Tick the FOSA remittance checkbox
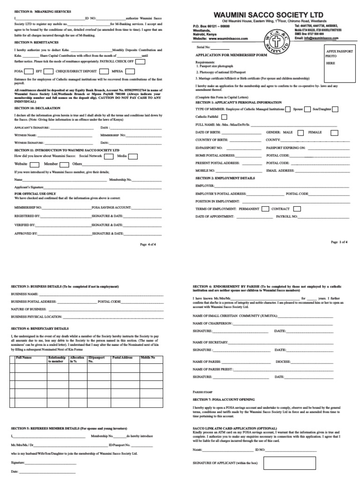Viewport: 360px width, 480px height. (29, 72)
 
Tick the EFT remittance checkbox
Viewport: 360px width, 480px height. (50, 72)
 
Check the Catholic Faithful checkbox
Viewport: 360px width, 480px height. (224, 117)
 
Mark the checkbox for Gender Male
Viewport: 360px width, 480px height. (300, 133)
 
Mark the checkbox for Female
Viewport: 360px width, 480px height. (334, 133)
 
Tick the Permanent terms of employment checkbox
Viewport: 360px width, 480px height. (265, 209)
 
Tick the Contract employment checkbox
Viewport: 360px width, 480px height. (296, 209)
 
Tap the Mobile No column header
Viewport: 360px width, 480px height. (149, 358)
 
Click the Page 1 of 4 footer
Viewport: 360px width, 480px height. (339, 242)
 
